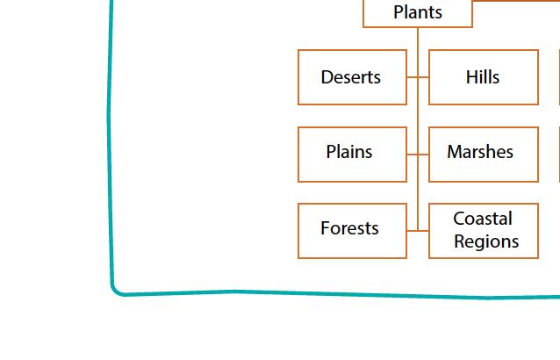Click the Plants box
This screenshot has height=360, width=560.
pos(418,13)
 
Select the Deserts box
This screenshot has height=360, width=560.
pos(352,77)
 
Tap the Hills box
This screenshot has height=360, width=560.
pos(484,77)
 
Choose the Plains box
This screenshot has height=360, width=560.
pos(352,155)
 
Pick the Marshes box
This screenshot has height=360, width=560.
pos(484,155)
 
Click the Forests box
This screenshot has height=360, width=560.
pos(352,231)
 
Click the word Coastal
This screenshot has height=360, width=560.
pos(483,219)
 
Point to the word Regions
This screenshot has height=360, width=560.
pos(486,241)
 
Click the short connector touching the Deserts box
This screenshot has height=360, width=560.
pos(413,76)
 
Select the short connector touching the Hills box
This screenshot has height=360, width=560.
pos(423,76)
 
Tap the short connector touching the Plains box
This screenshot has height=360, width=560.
pos(413,155)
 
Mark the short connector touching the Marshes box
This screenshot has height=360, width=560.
pos(423,155)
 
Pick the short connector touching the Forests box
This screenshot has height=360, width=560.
pos(413,231)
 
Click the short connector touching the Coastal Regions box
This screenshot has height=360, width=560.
pos(423,231)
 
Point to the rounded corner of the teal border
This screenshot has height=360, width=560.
pos(116,291)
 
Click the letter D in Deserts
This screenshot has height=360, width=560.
pos(327,77)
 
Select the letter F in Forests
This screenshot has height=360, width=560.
pos(325,228)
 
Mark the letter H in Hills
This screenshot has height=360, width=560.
pos(471,77)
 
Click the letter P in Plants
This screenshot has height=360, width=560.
pos(398,12)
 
